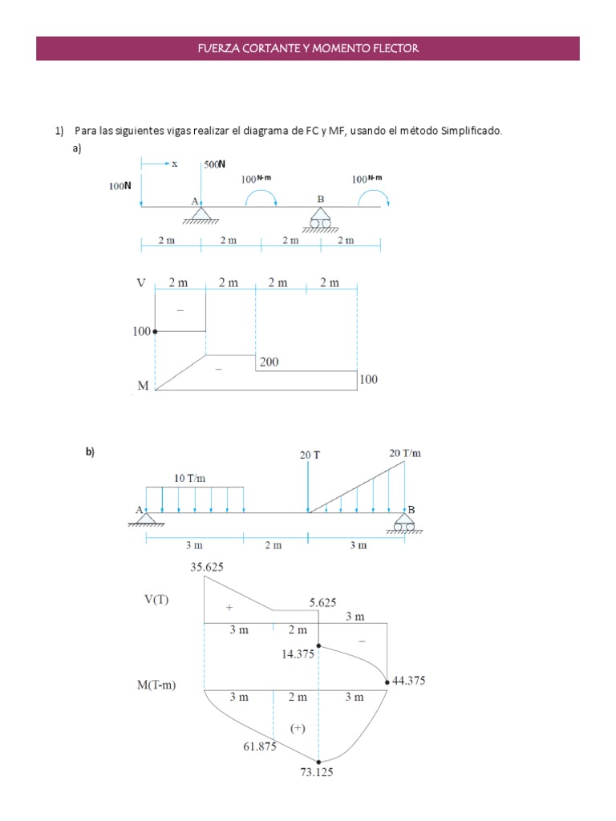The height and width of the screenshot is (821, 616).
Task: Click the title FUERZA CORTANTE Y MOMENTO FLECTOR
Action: coord(308,49)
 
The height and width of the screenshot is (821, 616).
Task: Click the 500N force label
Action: coord(214,164)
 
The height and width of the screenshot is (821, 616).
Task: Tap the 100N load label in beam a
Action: coord(120,185)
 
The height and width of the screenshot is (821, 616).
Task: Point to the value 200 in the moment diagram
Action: coord(269,362)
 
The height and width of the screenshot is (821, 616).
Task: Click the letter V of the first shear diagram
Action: coord(142,284)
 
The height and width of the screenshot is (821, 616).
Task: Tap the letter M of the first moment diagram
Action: coord(143,386)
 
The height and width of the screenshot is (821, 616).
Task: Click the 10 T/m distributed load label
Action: coord(191,478)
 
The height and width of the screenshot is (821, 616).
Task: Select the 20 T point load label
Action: coord(310,455)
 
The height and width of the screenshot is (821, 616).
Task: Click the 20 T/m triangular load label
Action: coord(404,453)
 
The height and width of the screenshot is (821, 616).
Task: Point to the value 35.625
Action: coord(206,567)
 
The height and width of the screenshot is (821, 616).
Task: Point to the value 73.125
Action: coord(316,773)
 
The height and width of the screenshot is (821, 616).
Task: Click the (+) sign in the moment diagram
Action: coord(298,728)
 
